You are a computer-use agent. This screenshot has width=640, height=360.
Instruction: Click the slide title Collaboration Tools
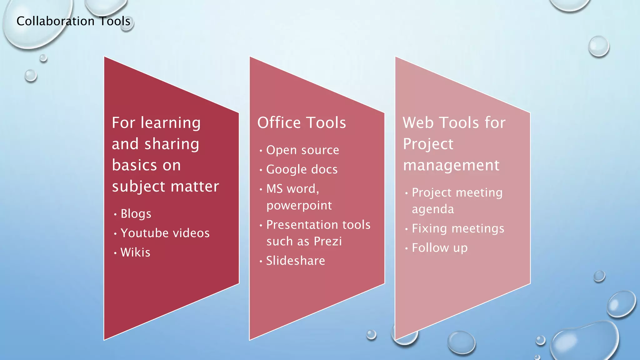click(x=73, y=21)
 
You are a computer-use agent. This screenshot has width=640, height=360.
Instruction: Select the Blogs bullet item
click(x=136, y=214)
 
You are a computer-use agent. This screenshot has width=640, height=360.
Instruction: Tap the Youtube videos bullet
click(x=165, y=233)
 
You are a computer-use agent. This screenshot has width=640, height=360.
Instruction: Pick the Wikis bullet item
click(x=135, y=252)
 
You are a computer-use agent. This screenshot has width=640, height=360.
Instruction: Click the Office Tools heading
click(x=302, y=122)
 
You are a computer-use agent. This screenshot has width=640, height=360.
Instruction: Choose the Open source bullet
click(x=302, y=150)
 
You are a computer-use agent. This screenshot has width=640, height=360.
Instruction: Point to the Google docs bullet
click(x=302, y=169)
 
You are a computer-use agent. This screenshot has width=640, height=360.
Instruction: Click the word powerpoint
click(x=299, y=206)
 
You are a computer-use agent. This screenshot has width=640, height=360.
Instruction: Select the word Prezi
click(x=328, y=241)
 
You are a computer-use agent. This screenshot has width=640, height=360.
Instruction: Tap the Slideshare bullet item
click(x=295, y=261)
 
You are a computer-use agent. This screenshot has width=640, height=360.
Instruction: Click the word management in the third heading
click(x=451, y=165)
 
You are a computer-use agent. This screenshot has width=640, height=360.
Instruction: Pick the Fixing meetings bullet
click(x=458, y=228)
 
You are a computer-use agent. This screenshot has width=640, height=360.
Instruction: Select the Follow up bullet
click(x=440, y=248)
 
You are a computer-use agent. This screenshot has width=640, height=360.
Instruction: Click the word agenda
click(x=433, y=209)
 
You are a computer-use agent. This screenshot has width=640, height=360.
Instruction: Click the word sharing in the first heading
click(x=172, y=144)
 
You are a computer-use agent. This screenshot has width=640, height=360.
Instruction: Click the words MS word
click(x=292, y=189)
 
